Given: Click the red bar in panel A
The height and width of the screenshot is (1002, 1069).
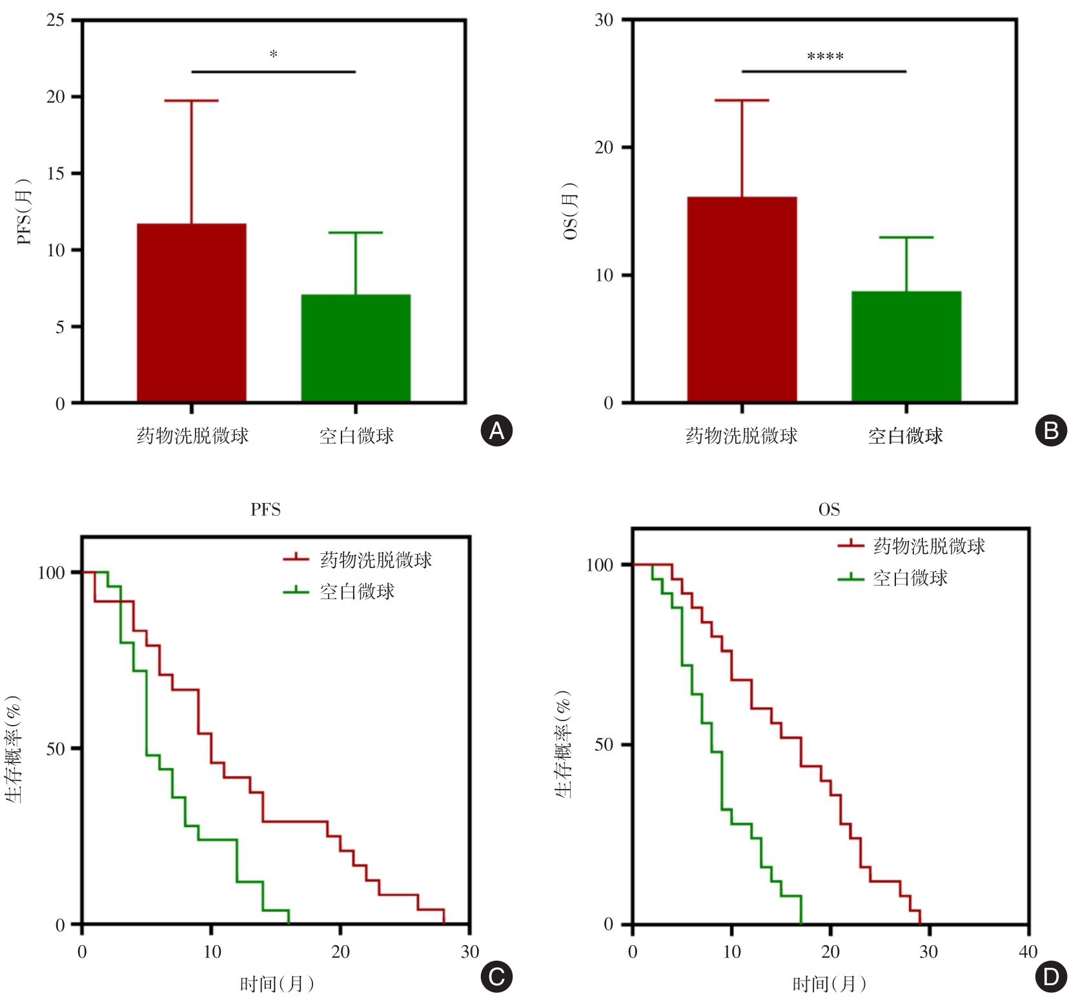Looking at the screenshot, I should click(x=192, y=313).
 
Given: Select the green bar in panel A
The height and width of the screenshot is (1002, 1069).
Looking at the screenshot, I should click(x=356, y=349).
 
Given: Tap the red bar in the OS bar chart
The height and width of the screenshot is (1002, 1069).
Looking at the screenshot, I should click(x=742, y=300).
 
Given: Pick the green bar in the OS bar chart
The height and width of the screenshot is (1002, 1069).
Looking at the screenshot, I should click(x=906, y=347).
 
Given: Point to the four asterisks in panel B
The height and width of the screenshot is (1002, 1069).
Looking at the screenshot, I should click(x=825, y=57).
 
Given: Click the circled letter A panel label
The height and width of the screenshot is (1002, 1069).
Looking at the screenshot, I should click(x=496, y=431).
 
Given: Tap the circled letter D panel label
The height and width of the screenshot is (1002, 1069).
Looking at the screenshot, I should click(x=1051, y=977).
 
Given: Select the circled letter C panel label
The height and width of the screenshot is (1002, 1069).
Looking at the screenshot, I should click(x=496, y=977).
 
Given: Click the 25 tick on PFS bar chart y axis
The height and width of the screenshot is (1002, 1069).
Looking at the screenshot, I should click(x=56, y=20).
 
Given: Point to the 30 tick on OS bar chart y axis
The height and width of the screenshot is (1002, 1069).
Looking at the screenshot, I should click(x=604, y=20).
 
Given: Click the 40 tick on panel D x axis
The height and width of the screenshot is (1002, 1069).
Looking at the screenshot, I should click(x=1028, y=952).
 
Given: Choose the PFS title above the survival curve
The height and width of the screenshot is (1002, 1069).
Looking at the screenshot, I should click(x=265, y=510).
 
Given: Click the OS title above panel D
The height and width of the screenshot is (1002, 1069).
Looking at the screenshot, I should click(x=829, y=510).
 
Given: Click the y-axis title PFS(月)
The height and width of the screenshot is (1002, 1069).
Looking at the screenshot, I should click(x=24, y=212).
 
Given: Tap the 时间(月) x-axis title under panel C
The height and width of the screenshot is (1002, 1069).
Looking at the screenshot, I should click(x=277, y=984).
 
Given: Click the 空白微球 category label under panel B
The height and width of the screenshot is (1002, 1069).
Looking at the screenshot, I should click(x=905, y=436).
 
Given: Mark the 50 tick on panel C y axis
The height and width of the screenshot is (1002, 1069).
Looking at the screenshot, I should click(x=56, y=749).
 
